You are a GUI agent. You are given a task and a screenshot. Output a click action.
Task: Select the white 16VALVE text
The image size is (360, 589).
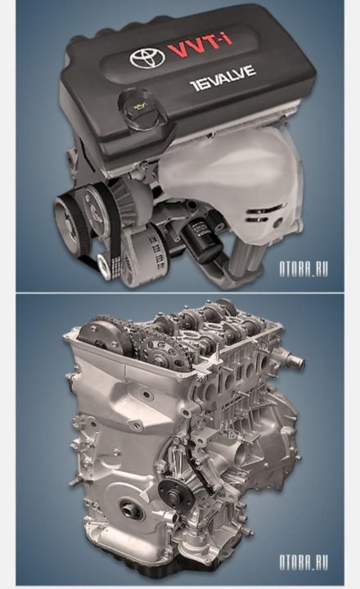pyautogui.click(x=223, y=78)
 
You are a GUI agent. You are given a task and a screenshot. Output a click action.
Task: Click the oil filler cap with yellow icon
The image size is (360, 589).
pyautogui.click(x=140, y=106)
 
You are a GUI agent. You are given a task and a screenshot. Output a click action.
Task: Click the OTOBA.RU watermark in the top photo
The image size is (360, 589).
pyautogui.click(x=304, y=269)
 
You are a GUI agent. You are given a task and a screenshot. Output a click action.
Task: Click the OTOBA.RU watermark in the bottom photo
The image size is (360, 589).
pyautogui.click(x=304, y=562)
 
